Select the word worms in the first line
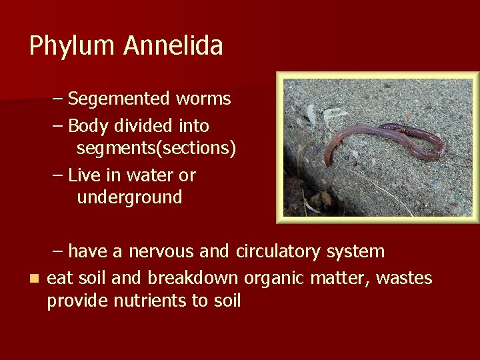point(203,99)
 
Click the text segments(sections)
point(156,149)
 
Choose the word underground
point(129,197)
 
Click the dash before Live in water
point(58,175)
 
